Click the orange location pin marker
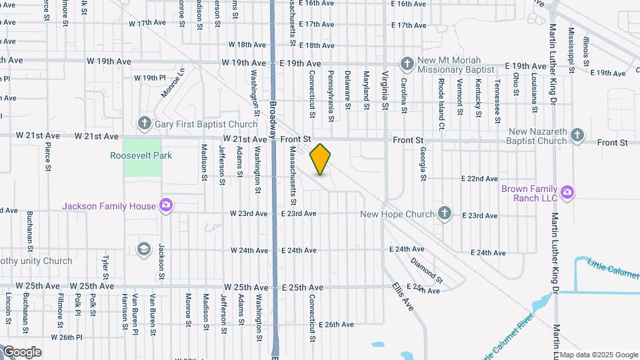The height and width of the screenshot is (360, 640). (320, 159)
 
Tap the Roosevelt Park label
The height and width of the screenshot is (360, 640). (141, 156)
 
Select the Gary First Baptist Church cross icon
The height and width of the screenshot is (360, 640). (143, 123)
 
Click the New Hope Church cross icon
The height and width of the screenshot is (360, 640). (445, 214)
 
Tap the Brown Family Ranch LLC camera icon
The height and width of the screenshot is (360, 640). (567, 193)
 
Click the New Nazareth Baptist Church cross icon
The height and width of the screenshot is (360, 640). (577, 136)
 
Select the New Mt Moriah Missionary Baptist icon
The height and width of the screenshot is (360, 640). (407, 64)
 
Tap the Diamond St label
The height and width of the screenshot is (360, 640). (427, 267)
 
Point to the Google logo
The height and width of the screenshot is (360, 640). (22, 352)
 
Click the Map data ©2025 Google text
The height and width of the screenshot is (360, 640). (598, 354)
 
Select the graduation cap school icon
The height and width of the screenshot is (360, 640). (143, 249)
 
